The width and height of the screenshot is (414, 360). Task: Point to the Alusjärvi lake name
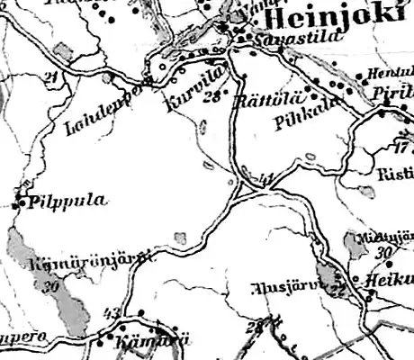coord(280,290)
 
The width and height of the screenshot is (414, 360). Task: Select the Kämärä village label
coord(140,341)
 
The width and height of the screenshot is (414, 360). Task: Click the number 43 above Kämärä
coord(112,313)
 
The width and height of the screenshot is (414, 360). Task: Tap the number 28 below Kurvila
coord(212,96)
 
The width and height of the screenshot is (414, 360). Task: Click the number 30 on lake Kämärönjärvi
coord(49,284)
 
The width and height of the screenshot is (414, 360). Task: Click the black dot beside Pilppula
coord(21,201)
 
